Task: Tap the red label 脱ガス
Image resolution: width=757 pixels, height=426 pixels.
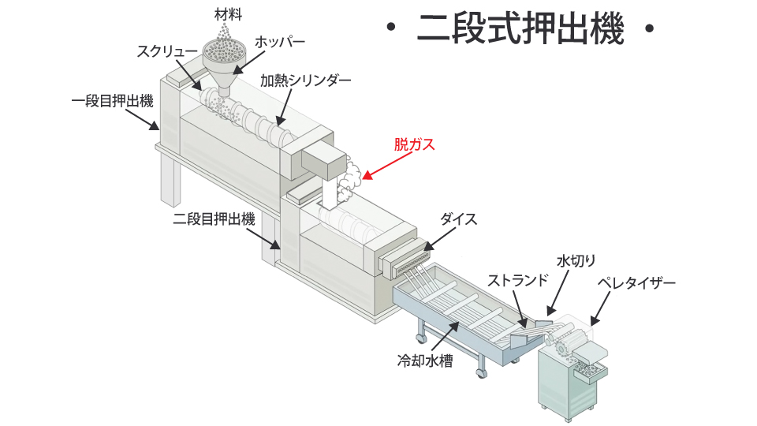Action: click(414, 145)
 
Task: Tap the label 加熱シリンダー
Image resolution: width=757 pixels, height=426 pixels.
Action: click(305, 80)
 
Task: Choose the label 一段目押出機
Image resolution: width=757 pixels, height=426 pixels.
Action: click(111, 101)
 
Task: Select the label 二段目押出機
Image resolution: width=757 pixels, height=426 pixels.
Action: click(214, 219)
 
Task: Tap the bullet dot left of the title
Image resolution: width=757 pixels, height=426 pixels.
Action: click(390, 31)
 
